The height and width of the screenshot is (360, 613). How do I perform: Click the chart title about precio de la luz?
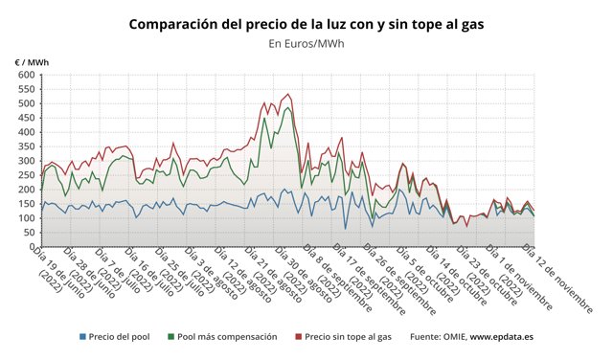pyautogui.click(x=306, y=22)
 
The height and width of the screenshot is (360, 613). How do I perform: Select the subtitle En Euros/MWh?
pyautogui.click(x=306, y=43)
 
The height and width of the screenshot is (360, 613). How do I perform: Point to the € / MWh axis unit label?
pyautogui.click(x=32, y=62)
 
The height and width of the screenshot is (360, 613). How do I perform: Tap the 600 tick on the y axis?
pyautogui.click(x=26, y=75)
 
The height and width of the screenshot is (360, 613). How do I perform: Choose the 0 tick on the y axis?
pyautogui.click(x=32, y=247)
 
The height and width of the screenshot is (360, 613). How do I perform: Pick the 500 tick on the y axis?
pyautogui.click(x=26, y=103)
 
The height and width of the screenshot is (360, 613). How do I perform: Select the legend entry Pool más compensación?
pyautogui.click(x=228, y=337)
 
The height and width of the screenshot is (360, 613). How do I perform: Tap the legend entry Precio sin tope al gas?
pyautogui.click(x=348, y=337)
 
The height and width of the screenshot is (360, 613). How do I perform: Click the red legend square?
pyautogui.click(x=298, y=337)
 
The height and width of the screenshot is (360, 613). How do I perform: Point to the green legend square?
pyautogui.click(x=170, y=337)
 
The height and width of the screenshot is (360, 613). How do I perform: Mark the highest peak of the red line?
pyautogui.click(x=288, y=94)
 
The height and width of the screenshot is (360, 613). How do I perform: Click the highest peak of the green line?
pyautogui.click(x=288, y=107)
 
